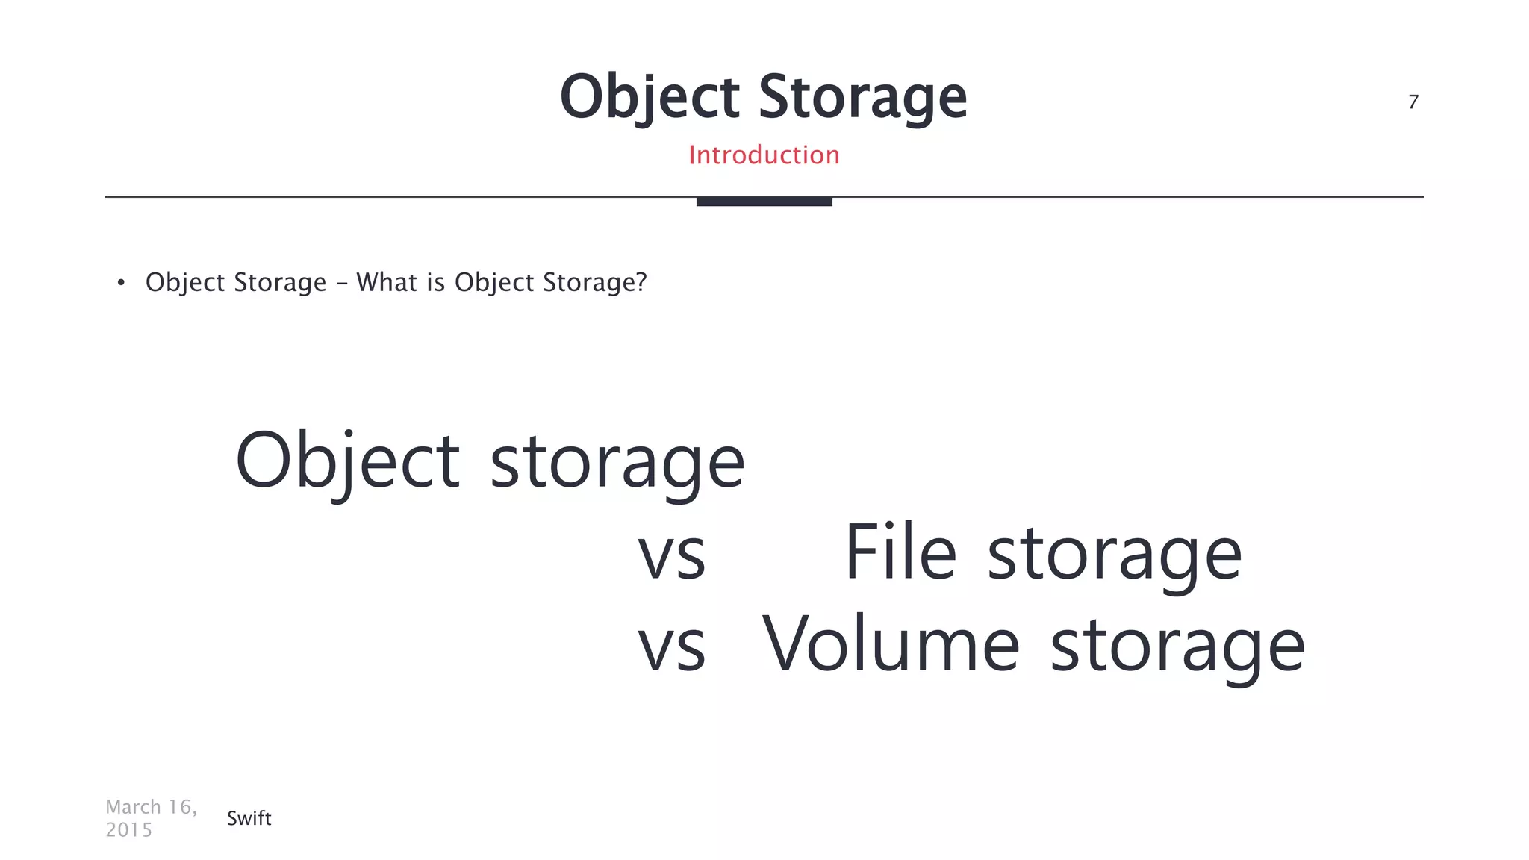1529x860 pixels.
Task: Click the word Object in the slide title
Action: tap(650, 97)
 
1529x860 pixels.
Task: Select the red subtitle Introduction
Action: tap(764, 155)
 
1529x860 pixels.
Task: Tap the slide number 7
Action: tap(1413, 102)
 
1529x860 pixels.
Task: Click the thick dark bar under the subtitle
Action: tap(764, 202)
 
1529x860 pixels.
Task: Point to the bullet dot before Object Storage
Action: tap(121, 283)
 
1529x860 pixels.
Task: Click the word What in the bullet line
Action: tap(386, 282)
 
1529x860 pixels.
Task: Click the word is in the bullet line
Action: tap(435, 282)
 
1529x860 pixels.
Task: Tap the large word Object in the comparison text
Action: tap(347, 461)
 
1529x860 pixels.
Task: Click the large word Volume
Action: tap(891, 644)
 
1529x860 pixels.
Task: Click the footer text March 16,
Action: tap(152, 807)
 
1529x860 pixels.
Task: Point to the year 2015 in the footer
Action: tap(128, 830)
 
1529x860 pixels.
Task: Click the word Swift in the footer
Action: tap(249, 818)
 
